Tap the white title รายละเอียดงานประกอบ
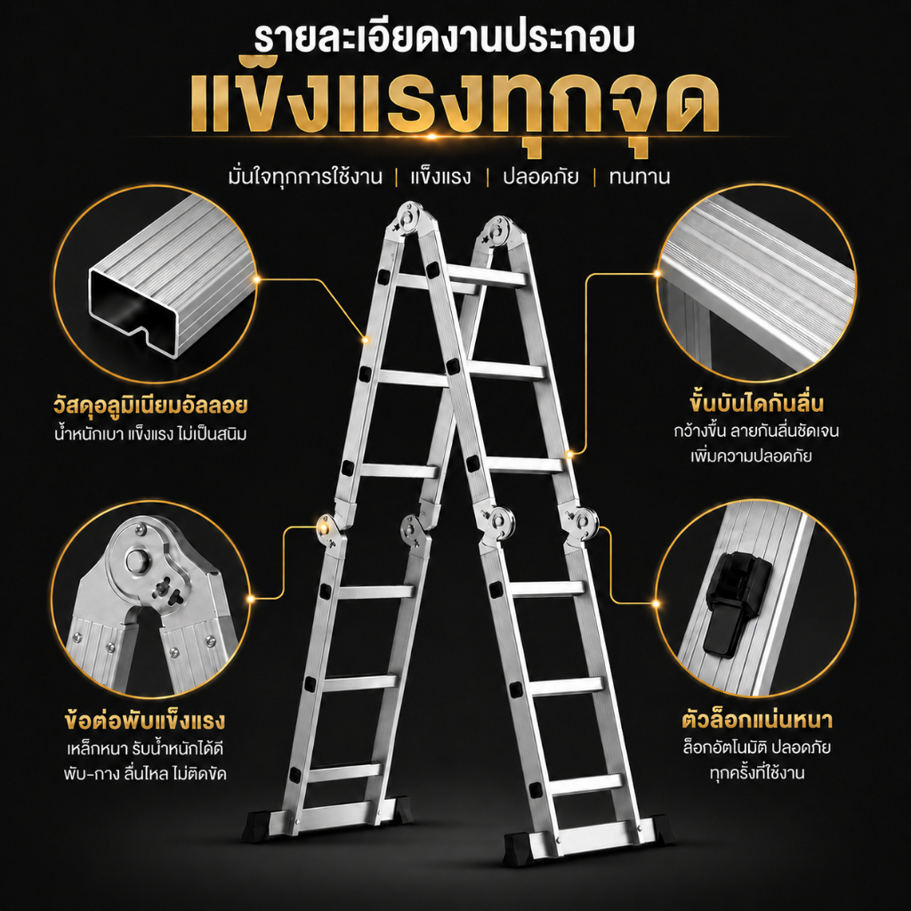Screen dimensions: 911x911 (x=445, y=37)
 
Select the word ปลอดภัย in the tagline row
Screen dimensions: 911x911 (x=541, y=176)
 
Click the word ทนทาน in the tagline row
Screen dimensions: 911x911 (x=640, y=177)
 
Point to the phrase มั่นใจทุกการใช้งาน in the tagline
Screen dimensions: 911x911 (x=306, y=175)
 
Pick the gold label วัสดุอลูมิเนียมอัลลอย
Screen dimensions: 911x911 (x=150, y=405)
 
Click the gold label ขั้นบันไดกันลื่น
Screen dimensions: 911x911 (x=757, y=402)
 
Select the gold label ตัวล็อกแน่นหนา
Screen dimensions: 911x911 (x=757, y=719)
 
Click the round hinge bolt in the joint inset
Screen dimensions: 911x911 (x=137, y=560)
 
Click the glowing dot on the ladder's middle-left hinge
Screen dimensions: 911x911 (x=323, y=527)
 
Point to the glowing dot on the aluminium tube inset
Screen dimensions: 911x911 (x=256, y=279)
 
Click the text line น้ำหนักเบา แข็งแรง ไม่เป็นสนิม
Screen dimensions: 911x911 (x=150, y=433)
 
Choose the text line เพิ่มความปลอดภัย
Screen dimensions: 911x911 (x=751, y=455)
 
